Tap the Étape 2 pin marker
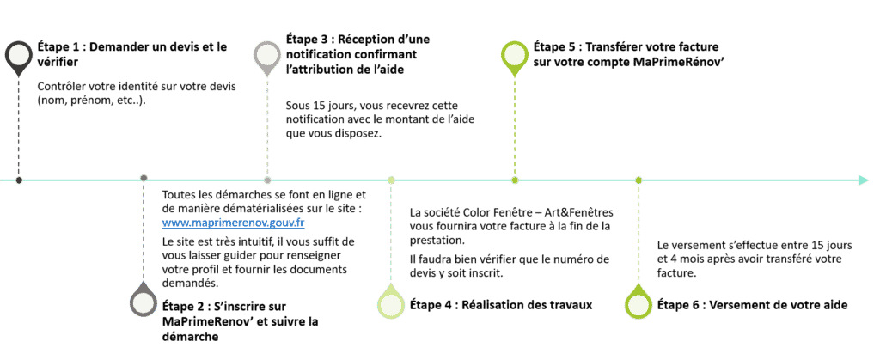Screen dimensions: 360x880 tap(144, 304)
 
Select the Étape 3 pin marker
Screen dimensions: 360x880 tap(266, 55)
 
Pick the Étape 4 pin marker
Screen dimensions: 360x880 tap(391, 304)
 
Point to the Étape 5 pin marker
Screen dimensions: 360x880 tap(514, 55)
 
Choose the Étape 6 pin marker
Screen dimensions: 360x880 tap(639, 304)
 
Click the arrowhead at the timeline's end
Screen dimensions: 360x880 tap(863, 180)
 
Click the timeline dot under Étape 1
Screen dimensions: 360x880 tap(19, 180)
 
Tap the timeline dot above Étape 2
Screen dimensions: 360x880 tap(144, 180)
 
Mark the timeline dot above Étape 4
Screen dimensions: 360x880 tap(391, 180)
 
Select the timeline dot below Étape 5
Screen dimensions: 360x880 tap(515, 180)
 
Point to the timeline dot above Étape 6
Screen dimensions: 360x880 tap(639, 180)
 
